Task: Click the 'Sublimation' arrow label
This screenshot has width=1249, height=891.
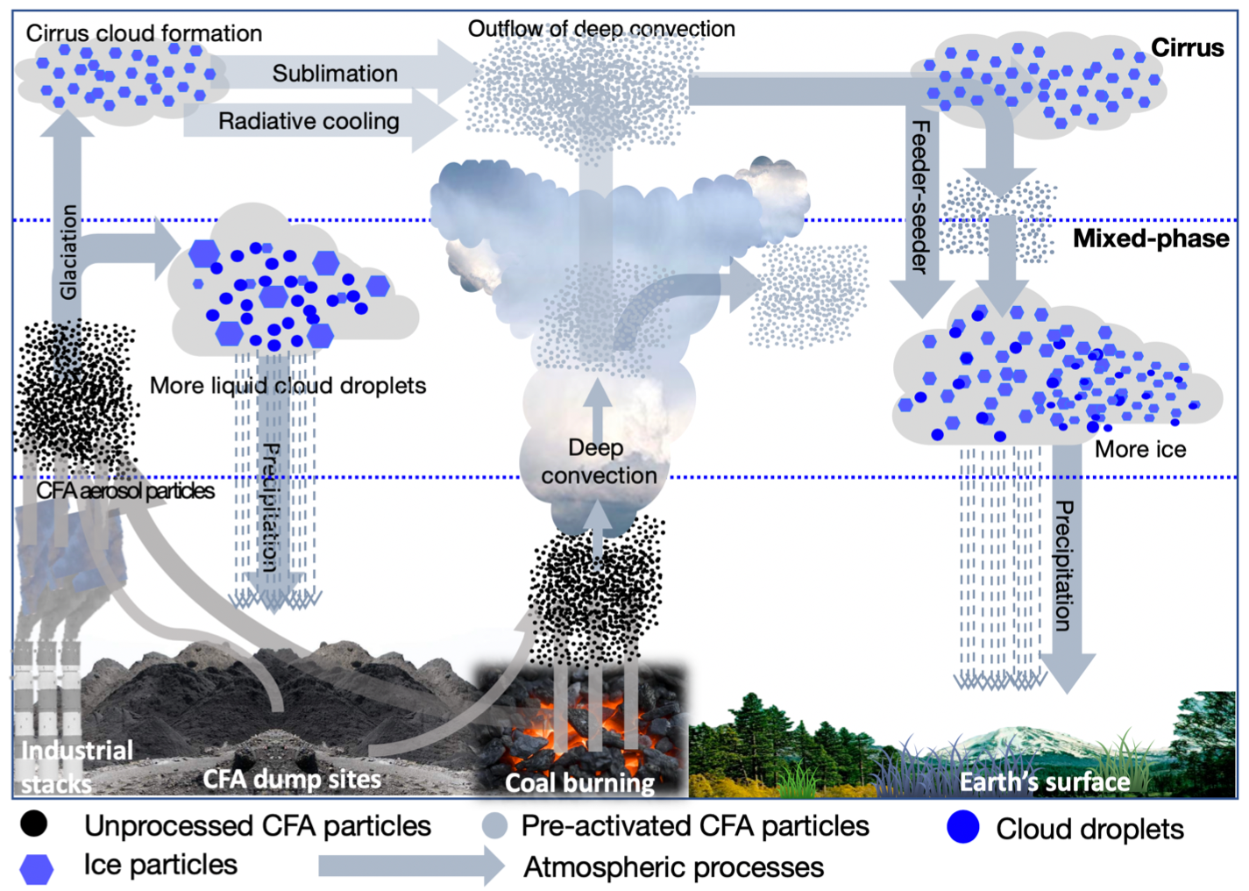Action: point(335,74)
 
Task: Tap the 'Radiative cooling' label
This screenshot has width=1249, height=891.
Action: point(309,121)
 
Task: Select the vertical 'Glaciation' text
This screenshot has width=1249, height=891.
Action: point(68,253)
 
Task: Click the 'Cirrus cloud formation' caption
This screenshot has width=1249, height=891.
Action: point(144,33)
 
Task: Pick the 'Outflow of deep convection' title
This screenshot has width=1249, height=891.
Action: point(601,29)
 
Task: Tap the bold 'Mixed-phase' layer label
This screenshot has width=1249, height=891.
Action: point(1150,239)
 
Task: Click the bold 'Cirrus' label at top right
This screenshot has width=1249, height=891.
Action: point(1187,47)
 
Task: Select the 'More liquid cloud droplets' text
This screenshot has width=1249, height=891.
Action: point(287,386)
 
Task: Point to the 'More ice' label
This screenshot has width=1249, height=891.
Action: point(1139,450)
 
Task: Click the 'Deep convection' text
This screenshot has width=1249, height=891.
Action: point(598,462)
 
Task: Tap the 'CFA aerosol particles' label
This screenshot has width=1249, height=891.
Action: point(125,491)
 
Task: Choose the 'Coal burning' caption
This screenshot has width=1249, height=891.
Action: point(579,782)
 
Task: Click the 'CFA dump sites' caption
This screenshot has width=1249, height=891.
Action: point(292,779)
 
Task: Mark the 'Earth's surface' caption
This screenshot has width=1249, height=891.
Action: point(1045,781)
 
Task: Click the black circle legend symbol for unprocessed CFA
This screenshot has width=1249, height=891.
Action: point(34,824)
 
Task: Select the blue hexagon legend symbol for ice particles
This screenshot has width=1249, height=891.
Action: point(37,868)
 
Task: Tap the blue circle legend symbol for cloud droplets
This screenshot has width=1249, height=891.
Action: point(962,828)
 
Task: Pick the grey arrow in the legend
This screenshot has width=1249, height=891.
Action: point(410,866)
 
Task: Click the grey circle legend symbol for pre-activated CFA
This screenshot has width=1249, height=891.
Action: point(494,826)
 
